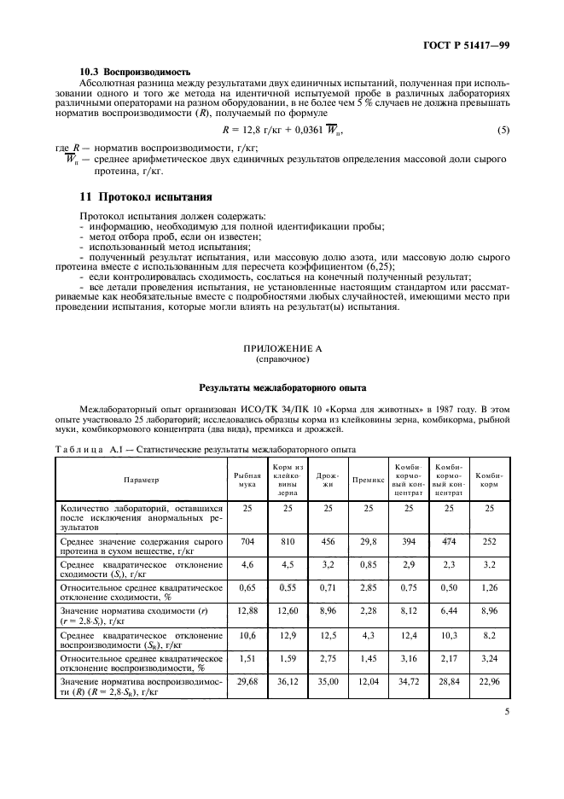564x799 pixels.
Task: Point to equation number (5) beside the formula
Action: pos(503,130)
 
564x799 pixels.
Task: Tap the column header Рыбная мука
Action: pos(247,480)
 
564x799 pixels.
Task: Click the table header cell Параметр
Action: pos(141,480)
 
